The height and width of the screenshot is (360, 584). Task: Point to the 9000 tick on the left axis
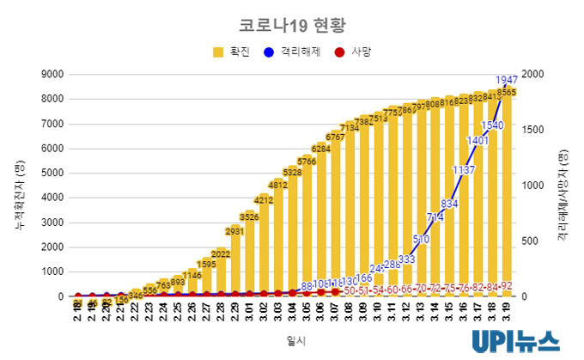(x=54, y=74)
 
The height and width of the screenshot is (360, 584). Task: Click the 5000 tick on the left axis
(x=54, y=173)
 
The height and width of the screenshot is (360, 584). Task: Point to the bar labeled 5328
(x=292, y=232)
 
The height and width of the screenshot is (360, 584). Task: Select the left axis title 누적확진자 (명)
(x=20, y=185)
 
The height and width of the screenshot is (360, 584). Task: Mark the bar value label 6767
(x=335, y=137)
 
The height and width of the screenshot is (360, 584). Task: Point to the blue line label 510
(x=421, y=239)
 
